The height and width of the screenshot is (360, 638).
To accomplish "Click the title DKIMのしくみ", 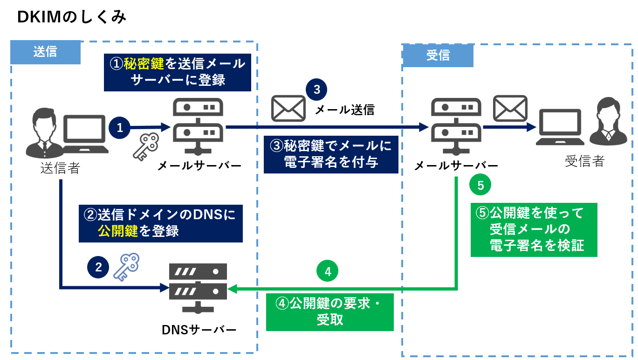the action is pyautogui.click(x=71, y=17).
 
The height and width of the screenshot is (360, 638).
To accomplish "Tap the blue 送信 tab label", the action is pyautogui.click(x=45, y=52).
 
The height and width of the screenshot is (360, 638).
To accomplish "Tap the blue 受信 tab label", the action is pyautogui.click(x=438, y=55).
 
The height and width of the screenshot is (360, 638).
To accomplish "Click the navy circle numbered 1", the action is pyautogui.click(x=120, y=128).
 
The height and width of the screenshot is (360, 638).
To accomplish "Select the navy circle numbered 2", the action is pyautogui.click(x=98, y=267).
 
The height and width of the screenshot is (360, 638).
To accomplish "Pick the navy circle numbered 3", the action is pyautogui.click(x=316, y=90).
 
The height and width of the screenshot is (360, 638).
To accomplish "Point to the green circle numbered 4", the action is pyautogui.click(x=328, y=271).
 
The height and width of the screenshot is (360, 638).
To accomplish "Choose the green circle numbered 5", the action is pyautogui.click(x=480, y=185).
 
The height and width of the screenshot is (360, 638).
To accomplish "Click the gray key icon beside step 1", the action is pyautogui.click(x=146, y=146).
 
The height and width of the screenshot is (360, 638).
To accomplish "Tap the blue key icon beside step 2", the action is pyautogui.click(x=126, y=267).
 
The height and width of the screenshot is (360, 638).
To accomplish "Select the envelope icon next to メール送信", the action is pyautogui.click(x=288, y=108).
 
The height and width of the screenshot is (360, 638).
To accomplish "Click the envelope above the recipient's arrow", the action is pyautogui.click(x=510, y=108).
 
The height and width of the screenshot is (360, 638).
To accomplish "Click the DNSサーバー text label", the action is pyautogui.click(x=199, y=330).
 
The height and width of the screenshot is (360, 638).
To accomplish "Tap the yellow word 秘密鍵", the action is pyautogui.click(x=144, y=63).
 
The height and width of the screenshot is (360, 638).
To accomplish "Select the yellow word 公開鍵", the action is pyautogui.click(x=118, y=231).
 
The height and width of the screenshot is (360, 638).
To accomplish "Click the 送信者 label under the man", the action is pyautogui.click(x=60, y=168).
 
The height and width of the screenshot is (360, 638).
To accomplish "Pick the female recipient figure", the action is pyautogui.click(x=608, y=121).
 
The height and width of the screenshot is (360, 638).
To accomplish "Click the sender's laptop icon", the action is pyautogui.click(x=85, y=134).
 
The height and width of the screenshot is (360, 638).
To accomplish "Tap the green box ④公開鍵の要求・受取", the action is pyautogui.click(x=330, y=312).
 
